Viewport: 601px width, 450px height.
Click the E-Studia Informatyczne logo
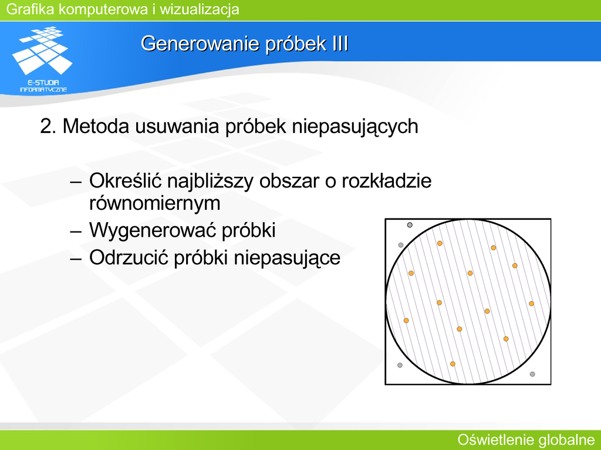(43, 59)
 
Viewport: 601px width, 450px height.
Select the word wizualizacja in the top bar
(200, 9)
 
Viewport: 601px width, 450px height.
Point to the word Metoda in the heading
(96, 126)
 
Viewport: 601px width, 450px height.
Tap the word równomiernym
(155, 203)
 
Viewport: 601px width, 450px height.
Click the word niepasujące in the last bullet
(287, 258)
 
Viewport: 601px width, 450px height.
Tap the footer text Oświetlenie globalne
(526, 439)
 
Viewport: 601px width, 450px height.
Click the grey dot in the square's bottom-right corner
(532, 374)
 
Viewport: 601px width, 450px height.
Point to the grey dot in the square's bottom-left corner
(400, 366)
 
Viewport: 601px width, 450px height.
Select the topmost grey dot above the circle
(410, 225)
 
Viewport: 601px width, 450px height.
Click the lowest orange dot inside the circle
(453, 364)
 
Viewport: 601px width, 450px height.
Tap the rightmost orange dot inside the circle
(531, 304)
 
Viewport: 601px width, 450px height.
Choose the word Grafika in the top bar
(31, 9)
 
